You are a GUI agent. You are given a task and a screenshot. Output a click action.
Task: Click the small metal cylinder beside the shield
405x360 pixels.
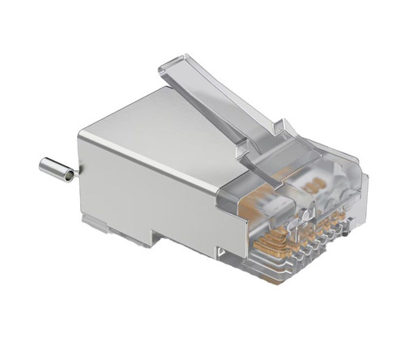pyautogui.click(x=55, y=169)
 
